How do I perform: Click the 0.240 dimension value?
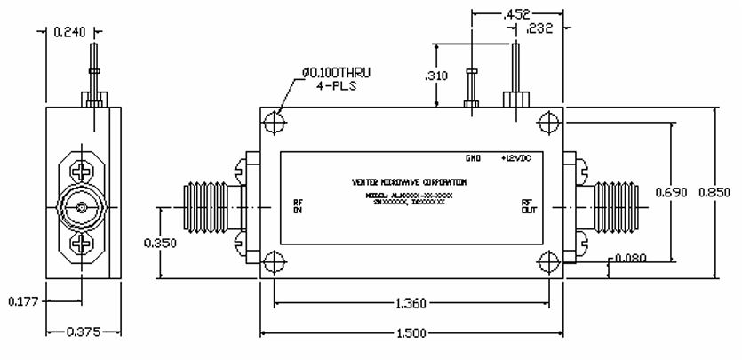[x=70, y=33]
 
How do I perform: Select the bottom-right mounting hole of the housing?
[x=550, y=260]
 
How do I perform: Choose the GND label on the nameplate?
[x=473, y=158]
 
